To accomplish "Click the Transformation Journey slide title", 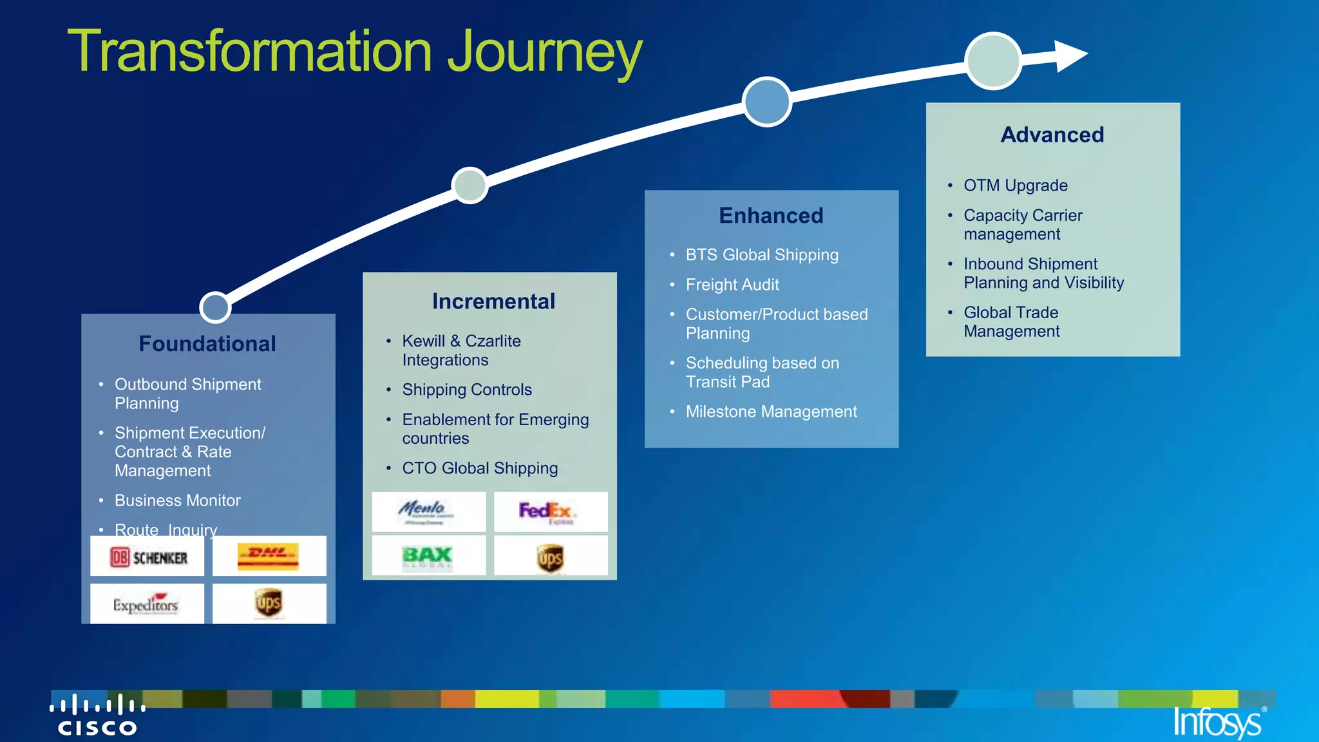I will (354, 52).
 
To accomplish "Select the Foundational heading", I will (207, 344).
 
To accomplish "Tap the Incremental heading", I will (493, 301).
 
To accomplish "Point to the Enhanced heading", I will (771, 216).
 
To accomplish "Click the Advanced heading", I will (1052, 135).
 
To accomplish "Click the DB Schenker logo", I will (147, 557).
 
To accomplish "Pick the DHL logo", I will (269, 556).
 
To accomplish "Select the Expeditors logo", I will (146, 604).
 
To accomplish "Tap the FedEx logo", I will (549, 512).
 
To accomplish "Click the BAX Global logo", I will (428, 556).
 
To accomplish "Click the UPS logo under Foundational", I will (269, 603).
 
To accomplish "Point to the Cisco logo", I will (97, 716).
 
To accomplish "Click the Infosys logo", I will (1218, 722).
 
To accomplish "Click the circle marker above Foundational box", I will (215, 307).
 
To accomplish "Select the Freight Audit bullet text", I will (732, 285).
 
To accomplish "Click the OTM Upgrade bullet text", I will (1015, 185).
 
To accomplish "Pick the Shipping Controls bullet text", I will (467, 390).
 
